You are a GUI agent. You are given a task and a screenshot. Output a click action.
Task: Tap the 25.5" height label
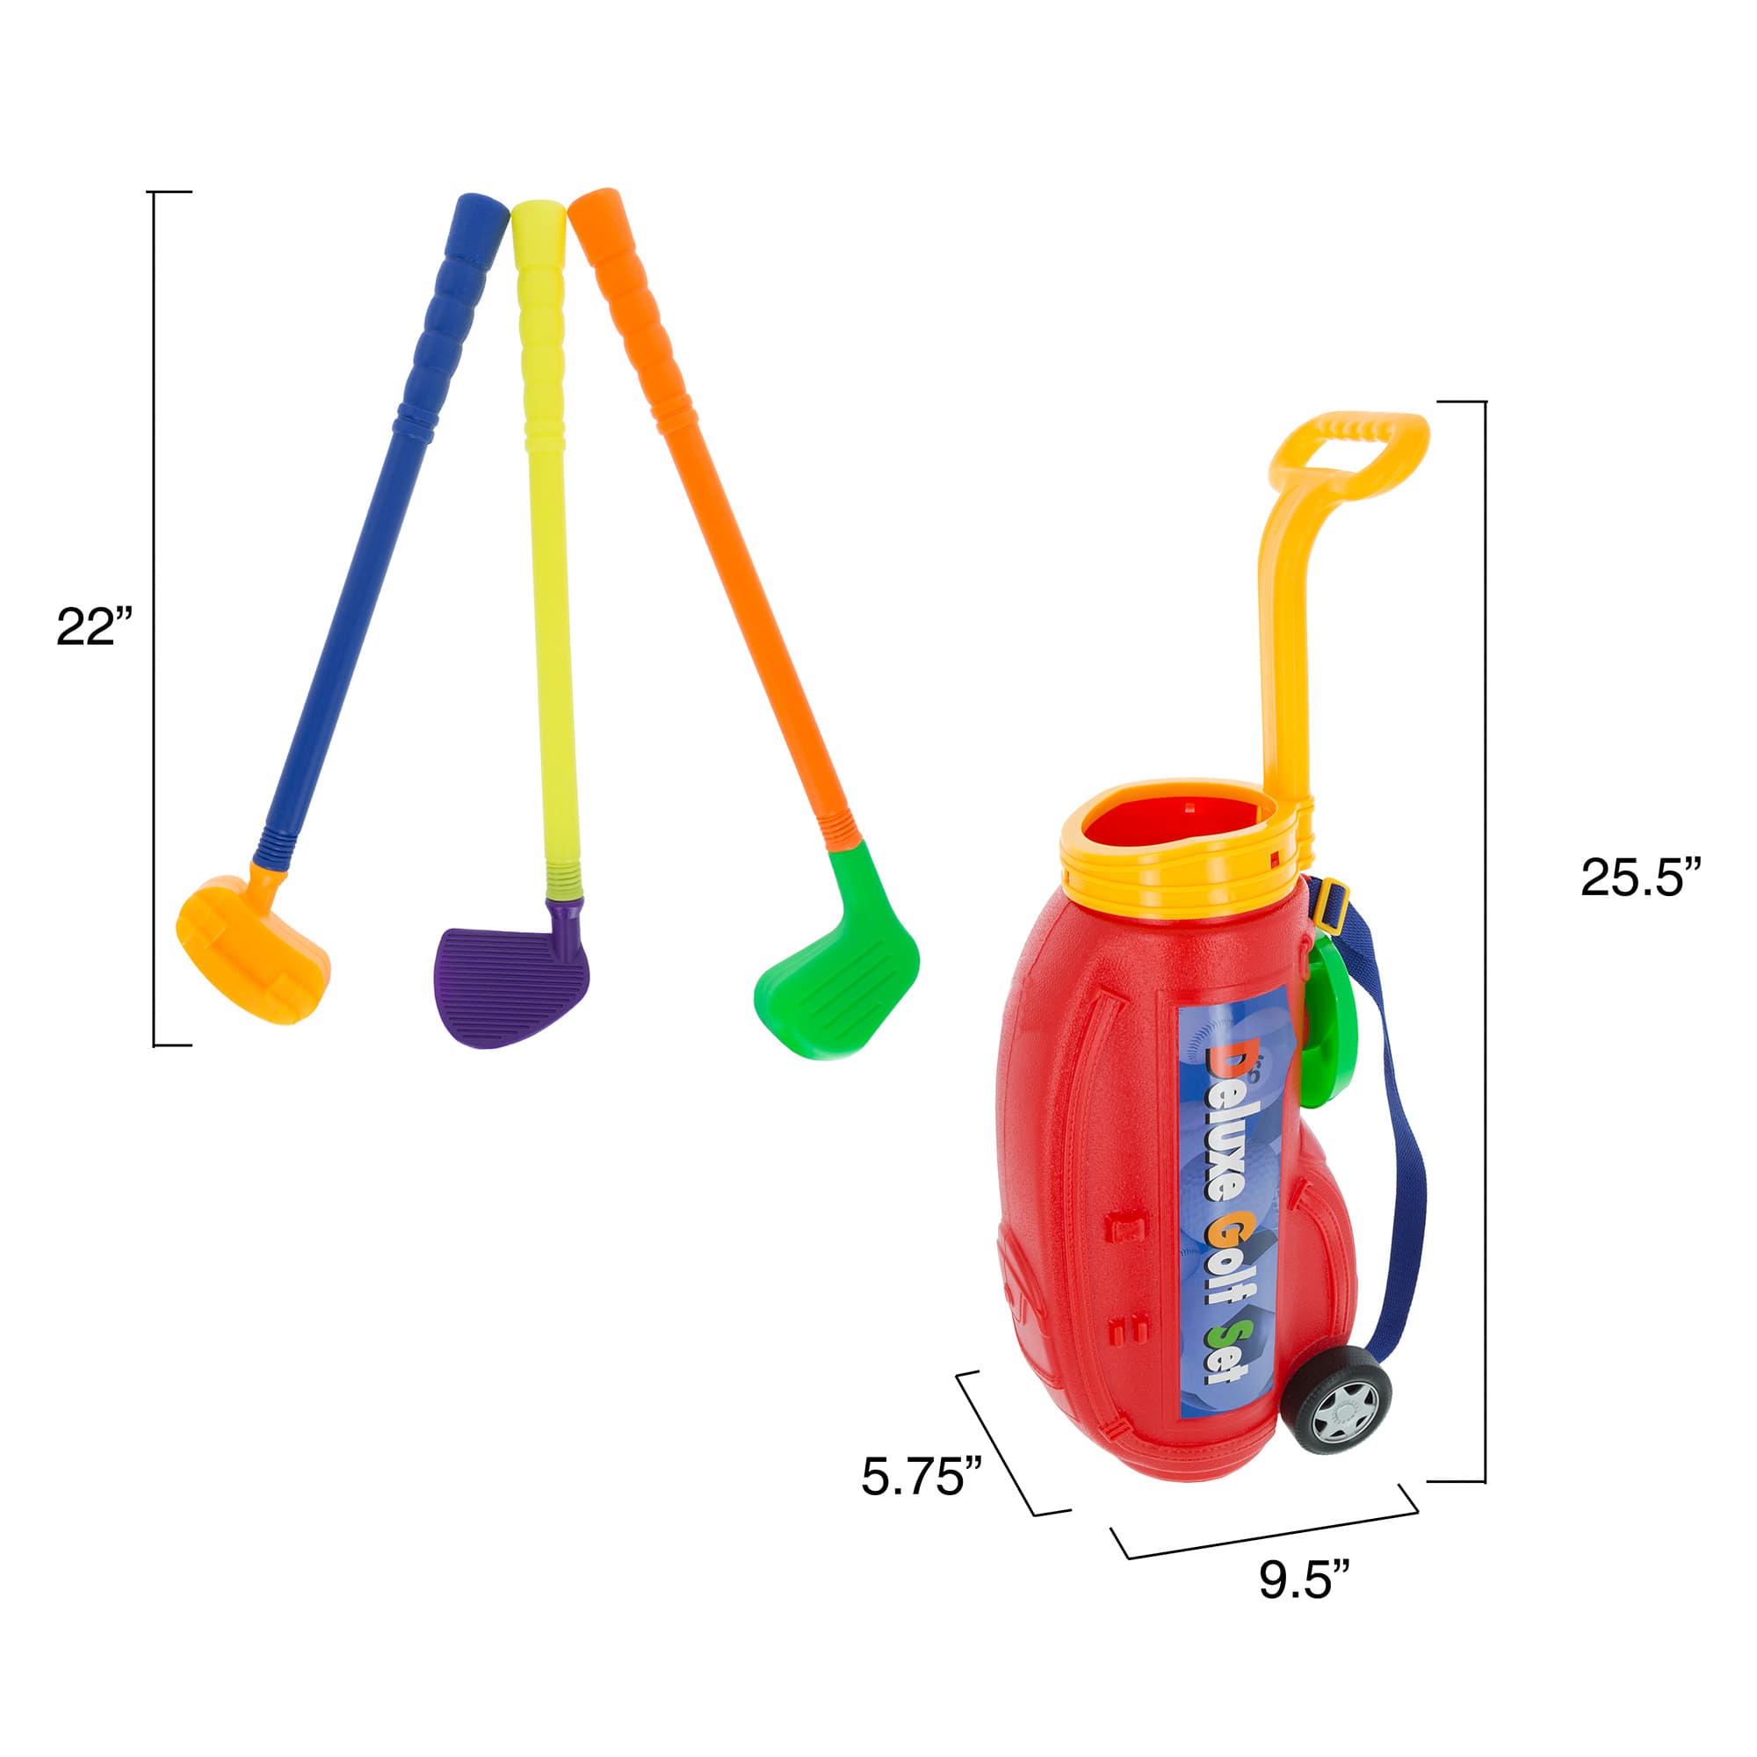point(1639,878)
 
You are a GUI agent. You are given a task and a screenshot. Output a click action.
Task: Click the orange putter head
point(253,952)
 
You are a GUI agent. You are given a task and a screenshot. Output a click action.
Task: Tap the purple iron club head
point(512,986)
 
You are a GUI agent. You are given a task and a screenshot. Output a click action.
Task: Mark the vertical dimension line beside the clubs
point(155,618)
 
